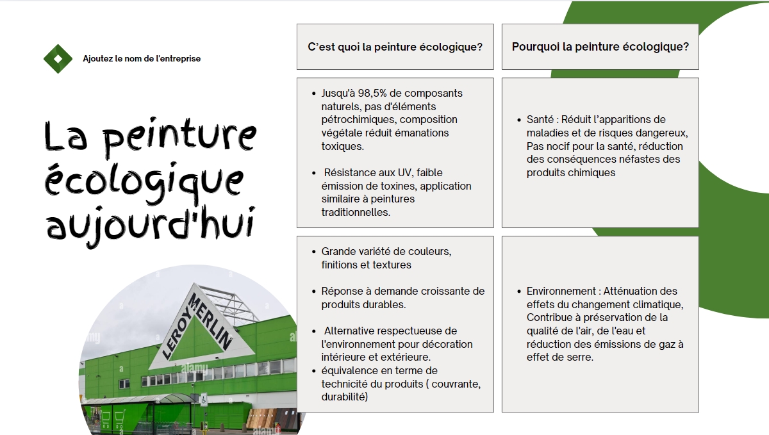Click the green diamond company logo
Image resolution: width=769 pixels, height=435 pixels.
(58, 59)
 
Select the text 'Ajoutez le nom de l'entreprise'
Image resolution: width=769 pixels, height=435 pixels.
(142, 59)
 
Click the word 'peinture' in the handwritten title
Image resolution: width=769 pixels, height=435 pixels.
(179, 136)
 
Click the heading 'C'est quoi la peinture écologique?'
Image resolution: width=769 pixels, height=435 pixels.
(395, 47)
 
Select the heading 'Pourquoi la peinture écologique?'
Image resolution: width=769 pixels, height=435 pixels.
(600, 47)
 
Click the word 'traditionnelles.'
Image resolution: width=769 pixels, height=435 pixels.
(356, 212)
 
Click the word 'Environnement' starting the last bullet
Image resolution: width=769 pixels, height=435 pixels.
(561, 291)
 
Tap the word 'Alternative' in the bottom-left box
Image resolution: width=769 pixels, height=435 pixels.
(348, 331)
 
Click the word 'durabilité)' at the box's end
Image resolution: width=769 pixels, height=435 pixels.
(345, 397)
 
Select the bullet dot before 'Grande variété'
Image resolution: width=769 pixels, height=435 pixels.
(314, 252)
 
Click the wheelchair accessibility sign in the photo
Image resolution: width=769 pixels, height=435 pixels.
(204, 400)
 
